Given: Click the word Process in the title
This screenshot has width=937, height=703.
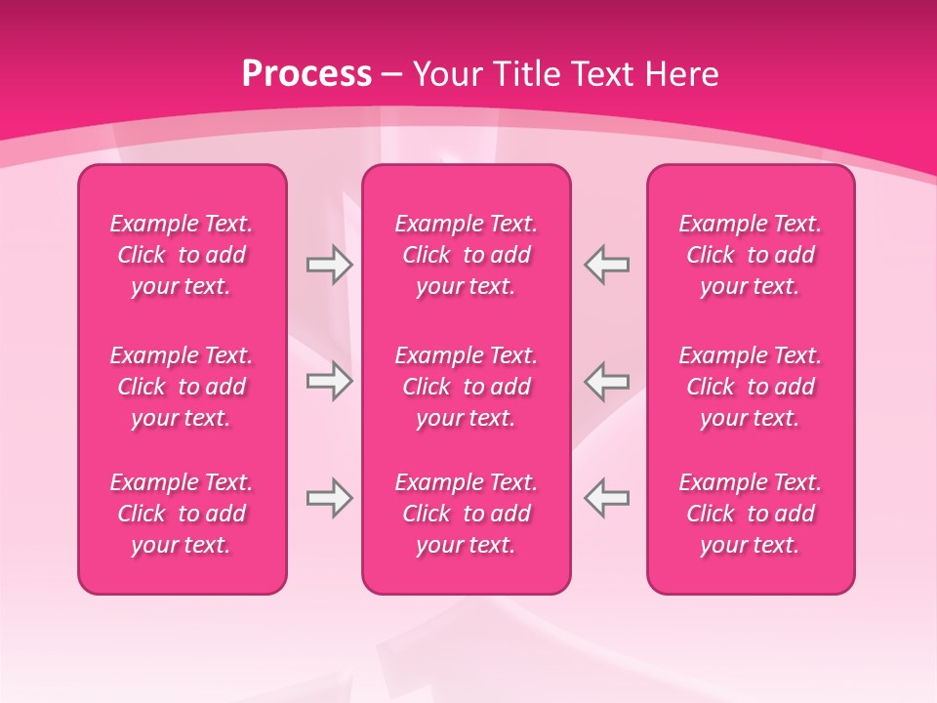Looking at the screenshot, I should coord(306,74).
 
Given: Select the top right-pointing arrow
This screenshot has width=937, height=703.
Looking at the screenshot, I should coord(329,265).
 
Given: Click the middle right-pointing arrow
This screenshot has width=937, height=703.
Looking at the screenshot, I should coord(329,381).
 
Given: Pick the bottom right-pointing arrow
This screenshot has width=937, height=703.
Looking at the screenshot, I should coord(329,498).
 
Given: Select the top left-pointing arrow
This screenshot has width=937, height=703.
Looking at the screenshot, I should coord(607,265).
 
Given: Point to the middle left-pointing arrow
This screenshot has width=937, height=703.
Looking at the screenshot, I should coord(607,381).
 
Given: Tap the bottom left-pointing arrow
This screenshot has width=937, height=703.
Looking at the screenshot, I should coord(607,498).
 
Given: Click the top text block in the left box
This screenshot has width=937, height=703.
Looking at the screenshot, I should coord(182,255).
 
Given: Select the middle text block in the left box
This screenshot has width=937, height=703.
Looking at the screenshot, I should coord(182,387).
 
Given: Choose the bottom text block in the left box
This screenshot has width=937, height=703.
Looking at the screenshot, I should coord(182,514).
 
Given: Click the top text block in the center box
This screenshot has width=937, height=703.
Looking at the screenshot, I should coord(467,255).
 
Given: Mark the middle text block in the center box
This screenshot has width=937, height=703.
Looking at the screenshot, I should coord(467,387).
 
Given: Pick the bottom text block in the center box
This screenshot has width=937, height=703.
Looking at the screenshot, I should coord(467,514).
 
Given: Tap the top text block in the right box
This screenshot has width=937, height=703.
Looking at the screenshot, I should coord(751,255).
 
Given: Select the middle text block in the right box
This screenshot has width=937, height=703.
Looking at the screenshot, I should coord(751,387).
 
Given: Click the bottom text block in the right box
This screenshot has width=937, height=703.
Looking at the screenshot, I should coord(751,514).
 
